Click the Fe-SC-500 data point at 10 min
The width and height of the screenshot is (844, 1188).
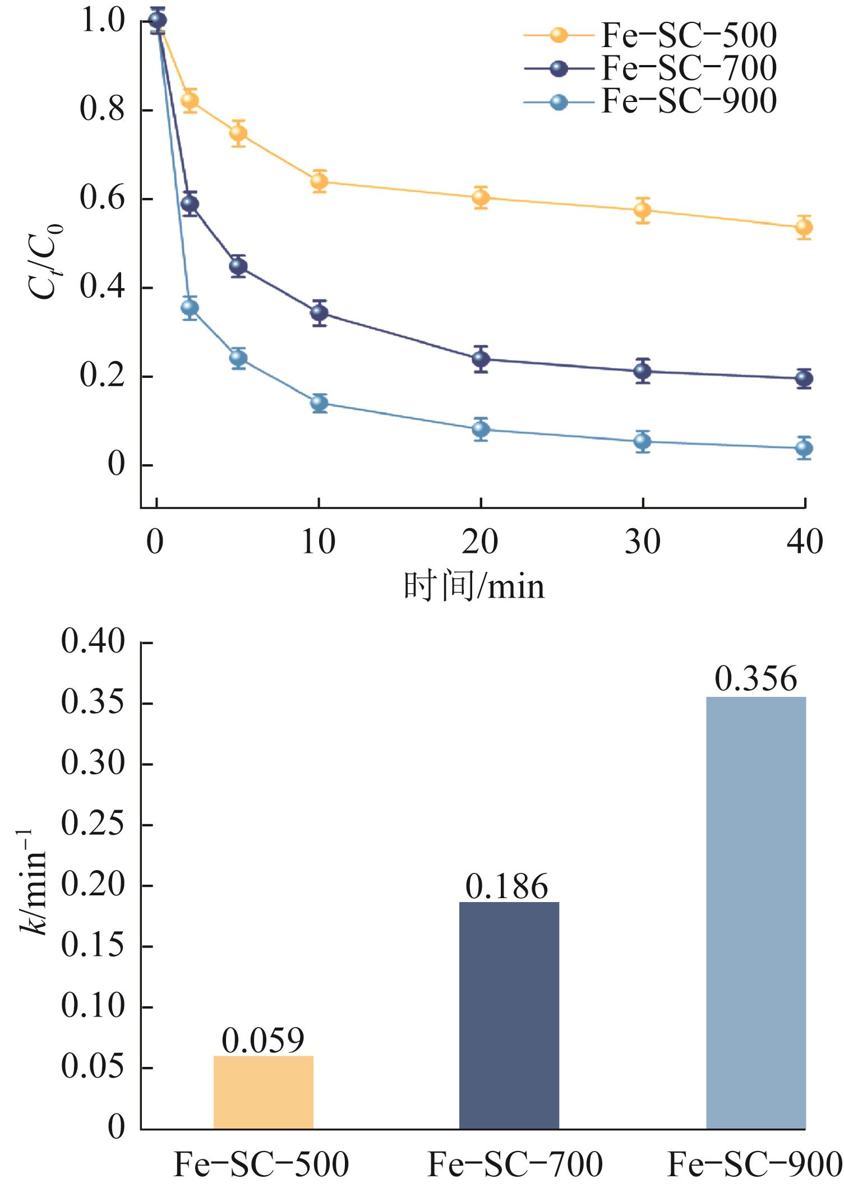coord(319,181)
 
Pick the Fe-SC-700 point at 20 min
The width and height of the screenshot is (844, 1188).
coord(481,358)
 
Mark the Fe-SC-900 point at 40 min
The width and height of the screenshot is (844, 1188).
coord(804,448)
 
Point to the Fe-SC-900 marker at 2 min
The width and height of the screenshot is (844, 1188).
coord(190,307)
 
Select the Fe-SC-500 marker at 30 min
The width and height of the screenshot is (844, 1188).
coord(643,210)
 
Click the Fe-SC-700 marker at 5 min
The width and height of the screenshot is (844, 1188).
coord(238,266)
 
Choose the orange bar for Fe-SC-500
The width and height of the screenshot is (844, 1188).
coord(264,1093)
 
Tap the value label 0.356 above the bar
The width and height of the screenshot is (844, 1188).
coord(755,679)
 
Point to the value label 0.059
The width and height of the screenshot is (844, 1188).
coord(263,1041)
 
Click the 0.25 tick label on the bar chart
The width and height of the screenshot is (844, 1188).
coord(93,825)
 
